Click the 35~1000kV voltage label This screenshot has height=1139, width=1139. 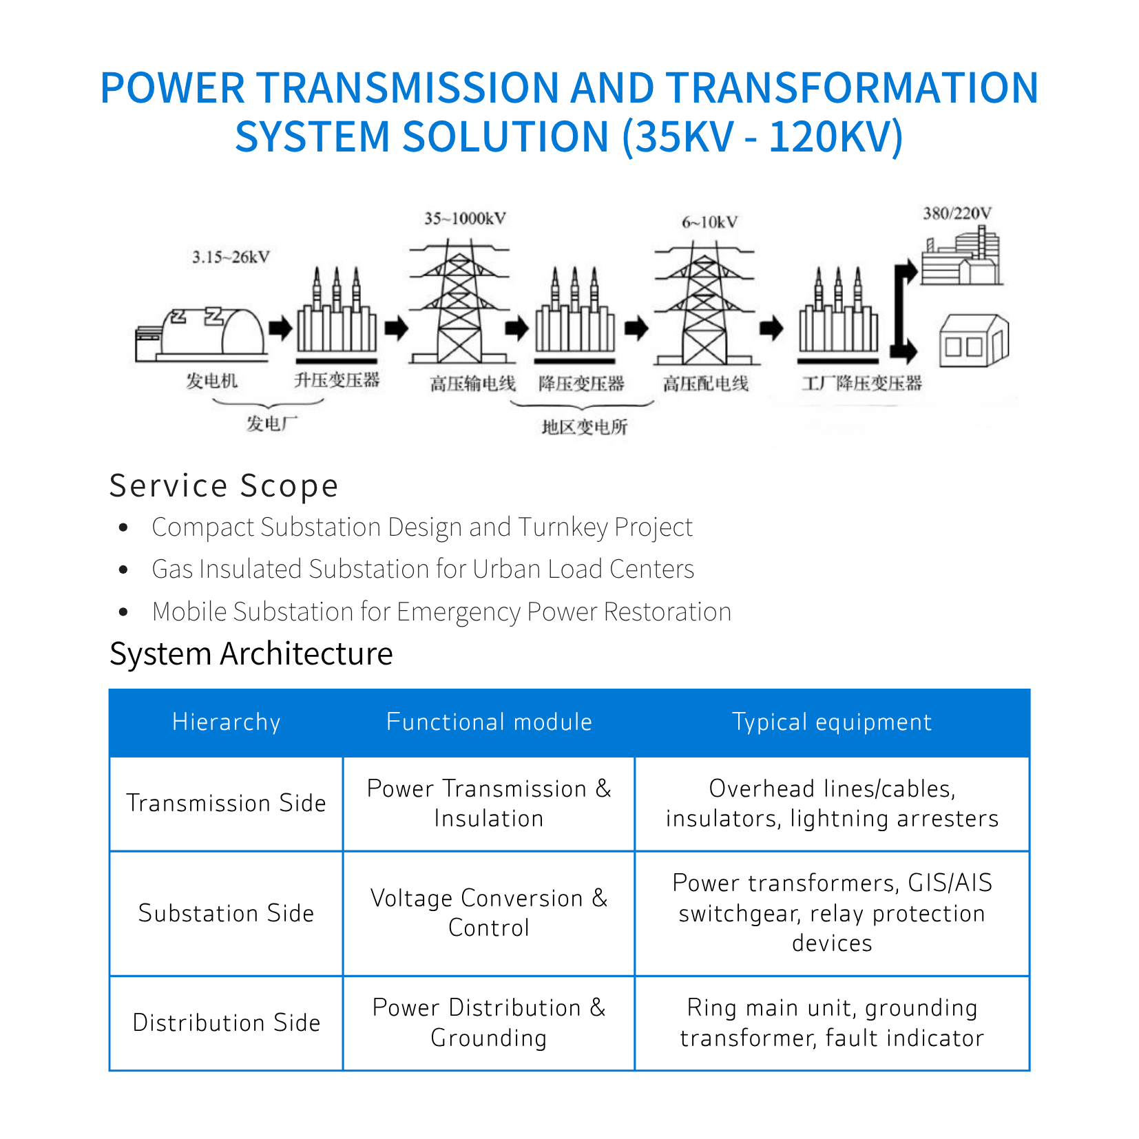[465, 219]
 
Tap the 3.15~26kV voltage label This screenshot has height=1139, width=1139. [231, 258]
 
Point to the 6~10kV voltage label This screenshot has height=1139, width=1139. [709, 222]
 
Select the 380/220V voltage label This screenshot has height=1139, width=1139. [957, 213]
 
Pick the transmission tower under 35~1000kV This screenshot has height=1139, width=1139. [459, 303]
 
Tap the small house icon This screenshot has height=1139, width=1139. [974, 341]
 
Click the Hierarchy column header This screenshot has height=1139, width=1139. [226, 722]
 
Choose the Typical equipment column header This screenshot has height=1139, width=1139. [831, 722]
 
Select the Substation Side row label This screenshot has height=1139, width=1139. [226, 913]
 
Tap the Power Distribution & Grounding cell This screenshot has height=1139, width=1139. [488, 1023]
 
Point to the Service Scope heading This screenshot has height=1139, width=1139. [224, 486]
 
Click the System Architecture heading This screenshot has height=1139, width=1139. [251, 654]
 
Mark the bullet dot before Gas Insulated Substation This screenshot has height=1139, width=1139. [124, 569]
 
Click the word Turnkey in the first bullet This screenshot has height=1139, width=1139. [563, 527]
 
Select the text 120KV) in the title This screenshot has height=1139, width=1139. [835, 136]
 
